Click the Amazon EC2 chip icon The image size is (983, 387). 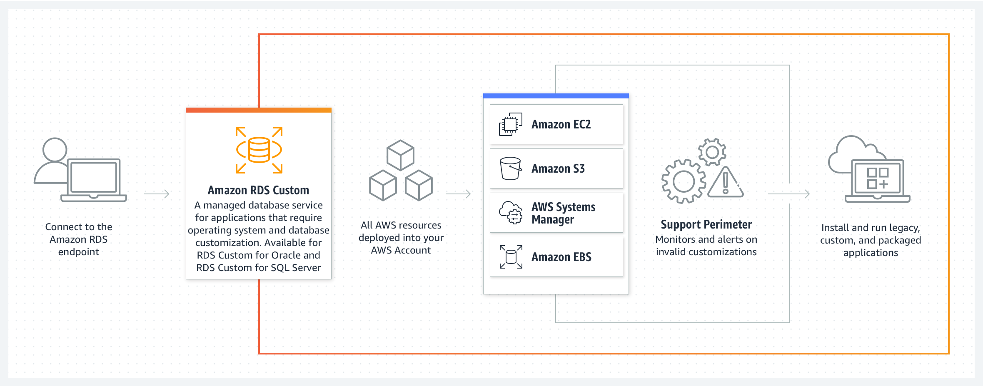(x=511, y=124)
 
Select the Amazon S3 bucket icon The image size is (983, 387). (x=511, y=168)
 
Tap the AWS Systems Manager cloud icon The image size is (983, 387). (x=511, y=213)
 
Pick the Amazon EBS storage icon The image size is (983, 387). (x=511, y=257)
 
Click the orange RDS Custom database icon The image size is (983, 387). (x=259, y=150)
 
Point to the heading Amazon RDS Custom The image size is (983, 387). (x=258, y=191)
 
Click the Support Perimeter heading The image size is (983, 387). (x=706, y=225)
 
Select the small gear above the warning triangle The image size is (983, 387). (x=712, y=152)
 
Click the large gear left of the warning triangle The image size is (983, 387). (x=684, y=181)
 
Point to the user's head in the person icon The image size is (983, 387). (x=55, y=149)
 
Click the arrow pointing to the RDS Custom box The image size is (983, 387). (x=157, y=194)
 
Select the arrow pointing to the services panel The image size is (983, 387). (x=458, y=194)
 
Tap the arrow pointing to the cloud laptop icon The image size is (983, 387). (x=788, y=194)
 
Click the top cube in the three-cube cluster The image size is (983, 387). (x=400, y=155)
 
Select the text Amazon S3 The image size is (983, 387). (x=558, y=168)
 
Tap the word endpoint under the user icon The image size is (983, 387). (x=79, y=252)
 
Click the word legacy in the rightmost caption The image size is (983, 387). (x=904, y=228)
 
